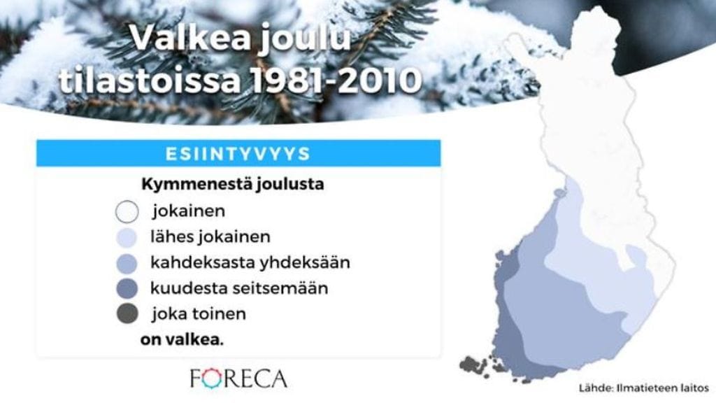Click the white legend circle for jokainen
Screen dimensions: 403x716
point(127,211)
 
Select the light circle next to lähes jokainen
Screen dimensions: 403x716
point(127,237)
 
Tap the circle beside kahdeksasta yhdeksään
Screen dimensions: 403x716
point(127,263)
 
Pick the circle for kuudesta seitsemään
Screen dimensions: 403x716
point(127,288)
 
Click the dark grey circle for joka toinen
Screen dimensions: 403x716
point(127,314)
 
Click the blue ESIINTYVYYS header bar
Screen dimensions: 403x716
point(238,153)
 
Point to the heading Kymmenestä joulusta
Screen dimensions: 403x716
point(232,186)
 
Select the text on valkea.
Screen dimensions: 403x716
point(182,340)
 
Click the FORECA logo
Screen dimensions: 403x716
point(238,379)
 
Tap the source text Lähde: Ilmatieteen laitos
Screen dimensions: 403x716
point(643,387)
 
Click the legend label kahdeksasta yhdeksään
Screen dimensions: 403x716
point(250,263)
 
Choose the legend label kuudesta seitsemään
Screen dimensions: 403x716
point(239,288)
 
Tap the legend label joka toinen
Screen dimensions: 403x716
point(198,314)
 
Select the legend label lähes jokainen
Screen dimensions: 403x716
point(210,237)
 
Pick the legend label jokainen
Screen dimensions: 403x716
point(188,211)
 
